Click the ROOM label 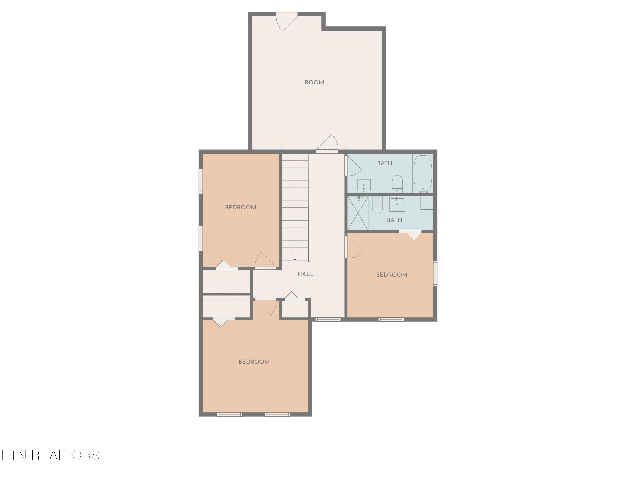click(314, 82)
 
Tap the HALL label click(305, 274)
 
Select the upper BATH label click(384, 163)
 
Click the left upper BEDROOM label click(240, 207)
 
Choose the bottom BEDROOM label click(254, 362)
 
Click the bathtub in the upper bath click(423, 173)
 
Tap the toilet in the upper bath click(397, 184)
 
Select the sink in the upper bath click(364, 185)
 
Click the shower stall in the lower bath click(358, 213)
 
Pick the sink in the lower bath click(397, 204)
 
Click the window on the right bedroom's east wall click(435, 273)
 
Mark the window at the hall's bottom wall click(328, 319)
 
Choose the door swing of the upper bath click(354, 167)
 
